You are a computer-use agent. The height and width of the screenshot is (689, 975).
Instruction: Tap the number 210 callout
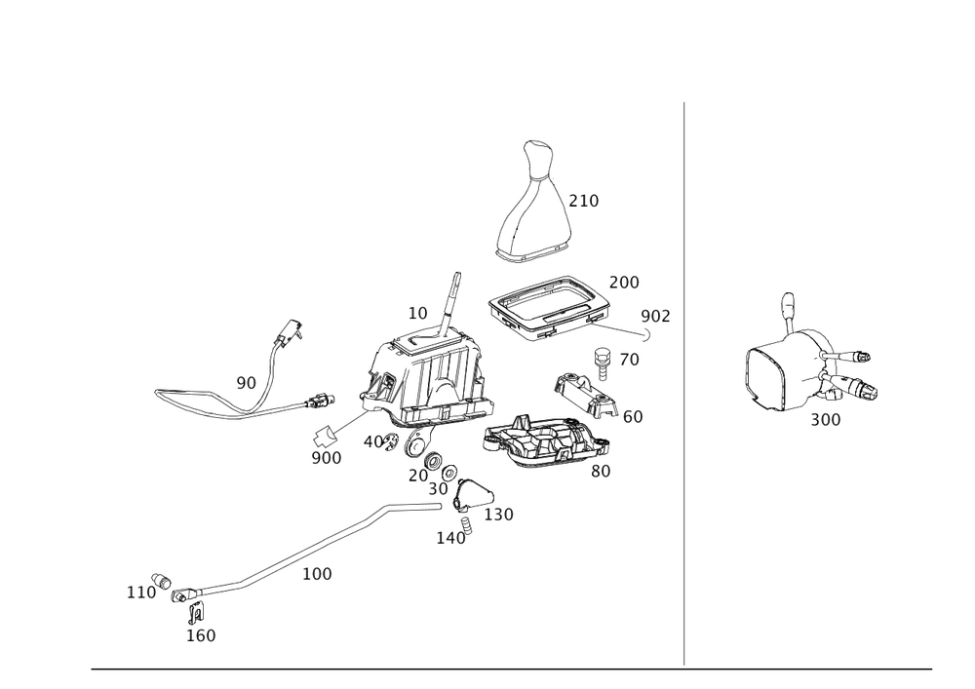584,201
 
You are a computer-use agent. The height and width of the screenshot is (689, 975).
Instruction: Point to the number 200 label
624,283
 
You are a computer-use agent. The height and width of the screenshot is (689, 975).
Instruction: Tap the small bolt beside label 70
603,361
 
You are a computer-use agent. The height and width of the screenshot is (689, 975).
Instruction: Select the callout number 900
327,457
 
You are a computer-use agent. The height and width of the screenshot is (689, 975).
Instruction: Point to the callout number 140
450,535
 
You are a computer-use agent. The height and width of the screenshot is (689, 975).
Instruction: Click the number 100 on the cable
317,574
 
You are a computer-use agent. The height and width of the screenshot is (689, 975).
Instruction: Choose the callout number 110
141,591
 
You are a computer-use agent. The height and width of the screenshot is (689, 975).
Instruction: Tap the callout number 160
201,635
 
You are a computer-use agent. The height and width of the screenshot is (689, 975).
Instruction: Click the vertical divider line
683,380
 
